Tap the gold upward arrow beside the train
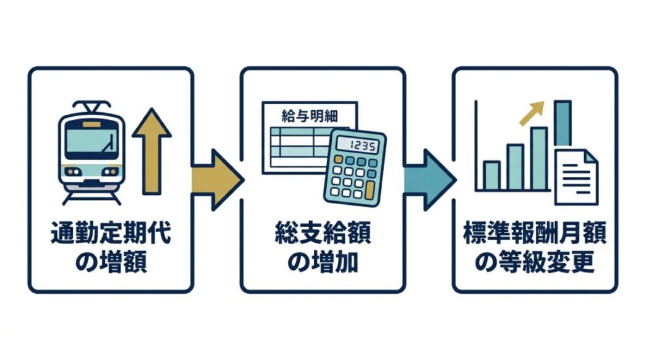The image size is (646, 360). click(152, 154)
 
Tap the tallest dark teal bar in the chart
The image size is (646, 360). click(563, 124)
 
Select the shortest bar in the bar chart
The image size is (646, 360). click(491, 175)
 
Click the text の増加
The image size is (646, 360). click(322, 262)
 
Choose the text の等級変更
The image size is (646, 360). click(534, 262)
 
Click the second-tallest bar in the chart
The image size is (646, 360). click(538, 158)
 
